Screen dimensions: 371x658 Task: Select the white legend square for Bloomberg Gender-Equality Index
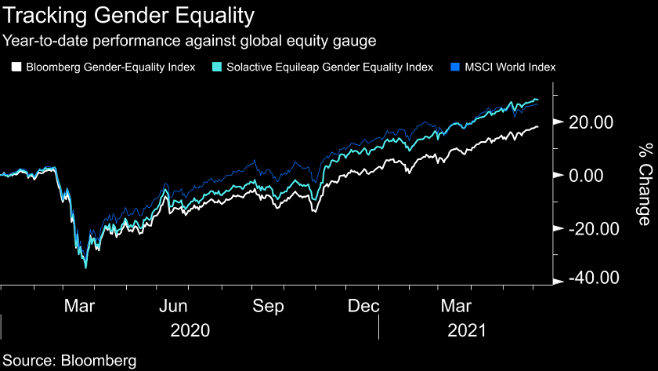tap(16, 67)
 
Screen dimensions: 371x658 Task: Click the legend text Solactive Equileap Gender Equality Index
tap(329, 67)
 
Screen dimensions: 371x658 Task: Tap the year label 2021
tap(468, 330)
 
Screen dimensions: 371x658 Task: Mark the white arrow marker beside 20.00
tap(557, 122)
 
